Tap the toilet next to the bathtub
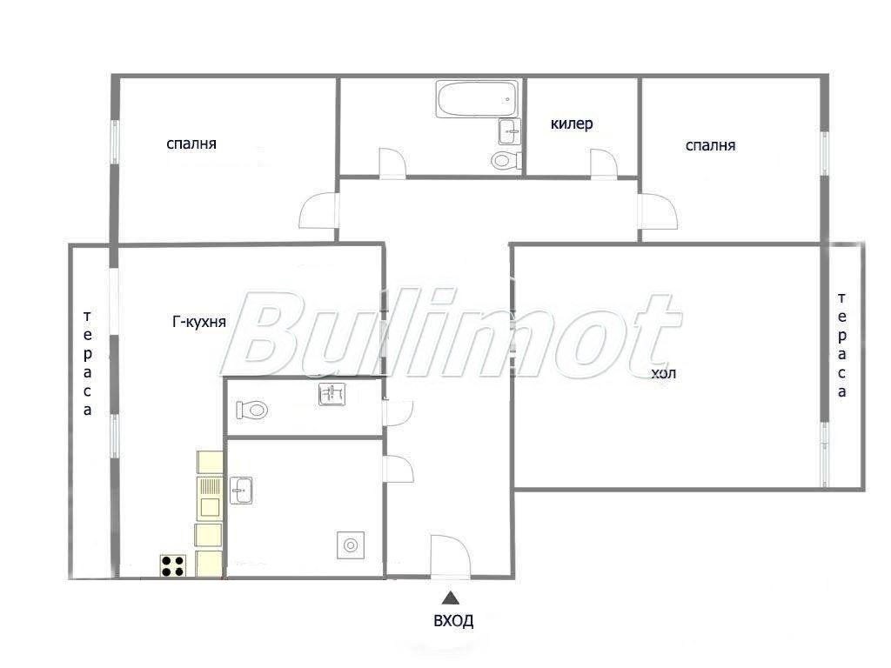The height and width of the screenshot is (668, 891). click(x=504, y=160)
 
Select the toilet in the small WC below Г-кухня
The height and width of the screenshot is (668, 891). click(x=252, y=409)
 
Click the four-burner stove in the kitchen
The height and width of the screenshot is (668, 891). click(x=172, y=566)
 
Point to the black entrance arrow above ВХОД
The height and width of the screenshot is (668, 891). click(x=450, y=598)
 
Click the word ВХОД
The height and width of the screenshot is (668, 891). click(x=453, y=621)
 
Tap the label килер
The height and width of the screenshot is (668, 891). click(x=572, y=124)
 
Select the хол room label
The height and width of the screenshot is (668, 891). click(x=663, y=374)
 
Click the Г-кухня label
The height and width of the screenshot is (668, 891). click(x=199, y=322)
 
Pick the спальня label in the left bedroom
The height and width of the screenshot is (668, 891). click(x=191, y=144)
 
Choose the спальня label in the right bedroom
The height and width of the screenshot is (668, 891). click(x=710, y=145)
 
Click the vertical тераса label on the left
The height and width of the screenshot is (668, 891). click(x=88, y=364)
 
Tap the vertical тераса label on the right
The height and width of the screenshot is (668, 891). click(x=842, y=345)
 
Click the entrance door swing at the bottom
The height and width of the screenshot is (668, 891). click(x=449, y=557)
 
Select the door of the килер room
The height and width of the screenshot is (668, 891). click(x=603, y=164)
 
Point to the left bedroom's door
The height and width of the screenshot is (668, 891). click(x=318, y=211)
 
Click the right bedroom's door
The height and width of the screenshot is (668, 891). click(x=657, y=210)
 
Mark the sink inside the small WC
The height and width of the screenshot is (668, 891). click(x=332, y=396)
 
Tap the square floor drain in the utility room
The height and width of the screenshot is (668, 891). click(x=350, y=545)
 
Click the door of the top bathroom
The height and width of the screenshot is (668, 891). click(x=392, y=164)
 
